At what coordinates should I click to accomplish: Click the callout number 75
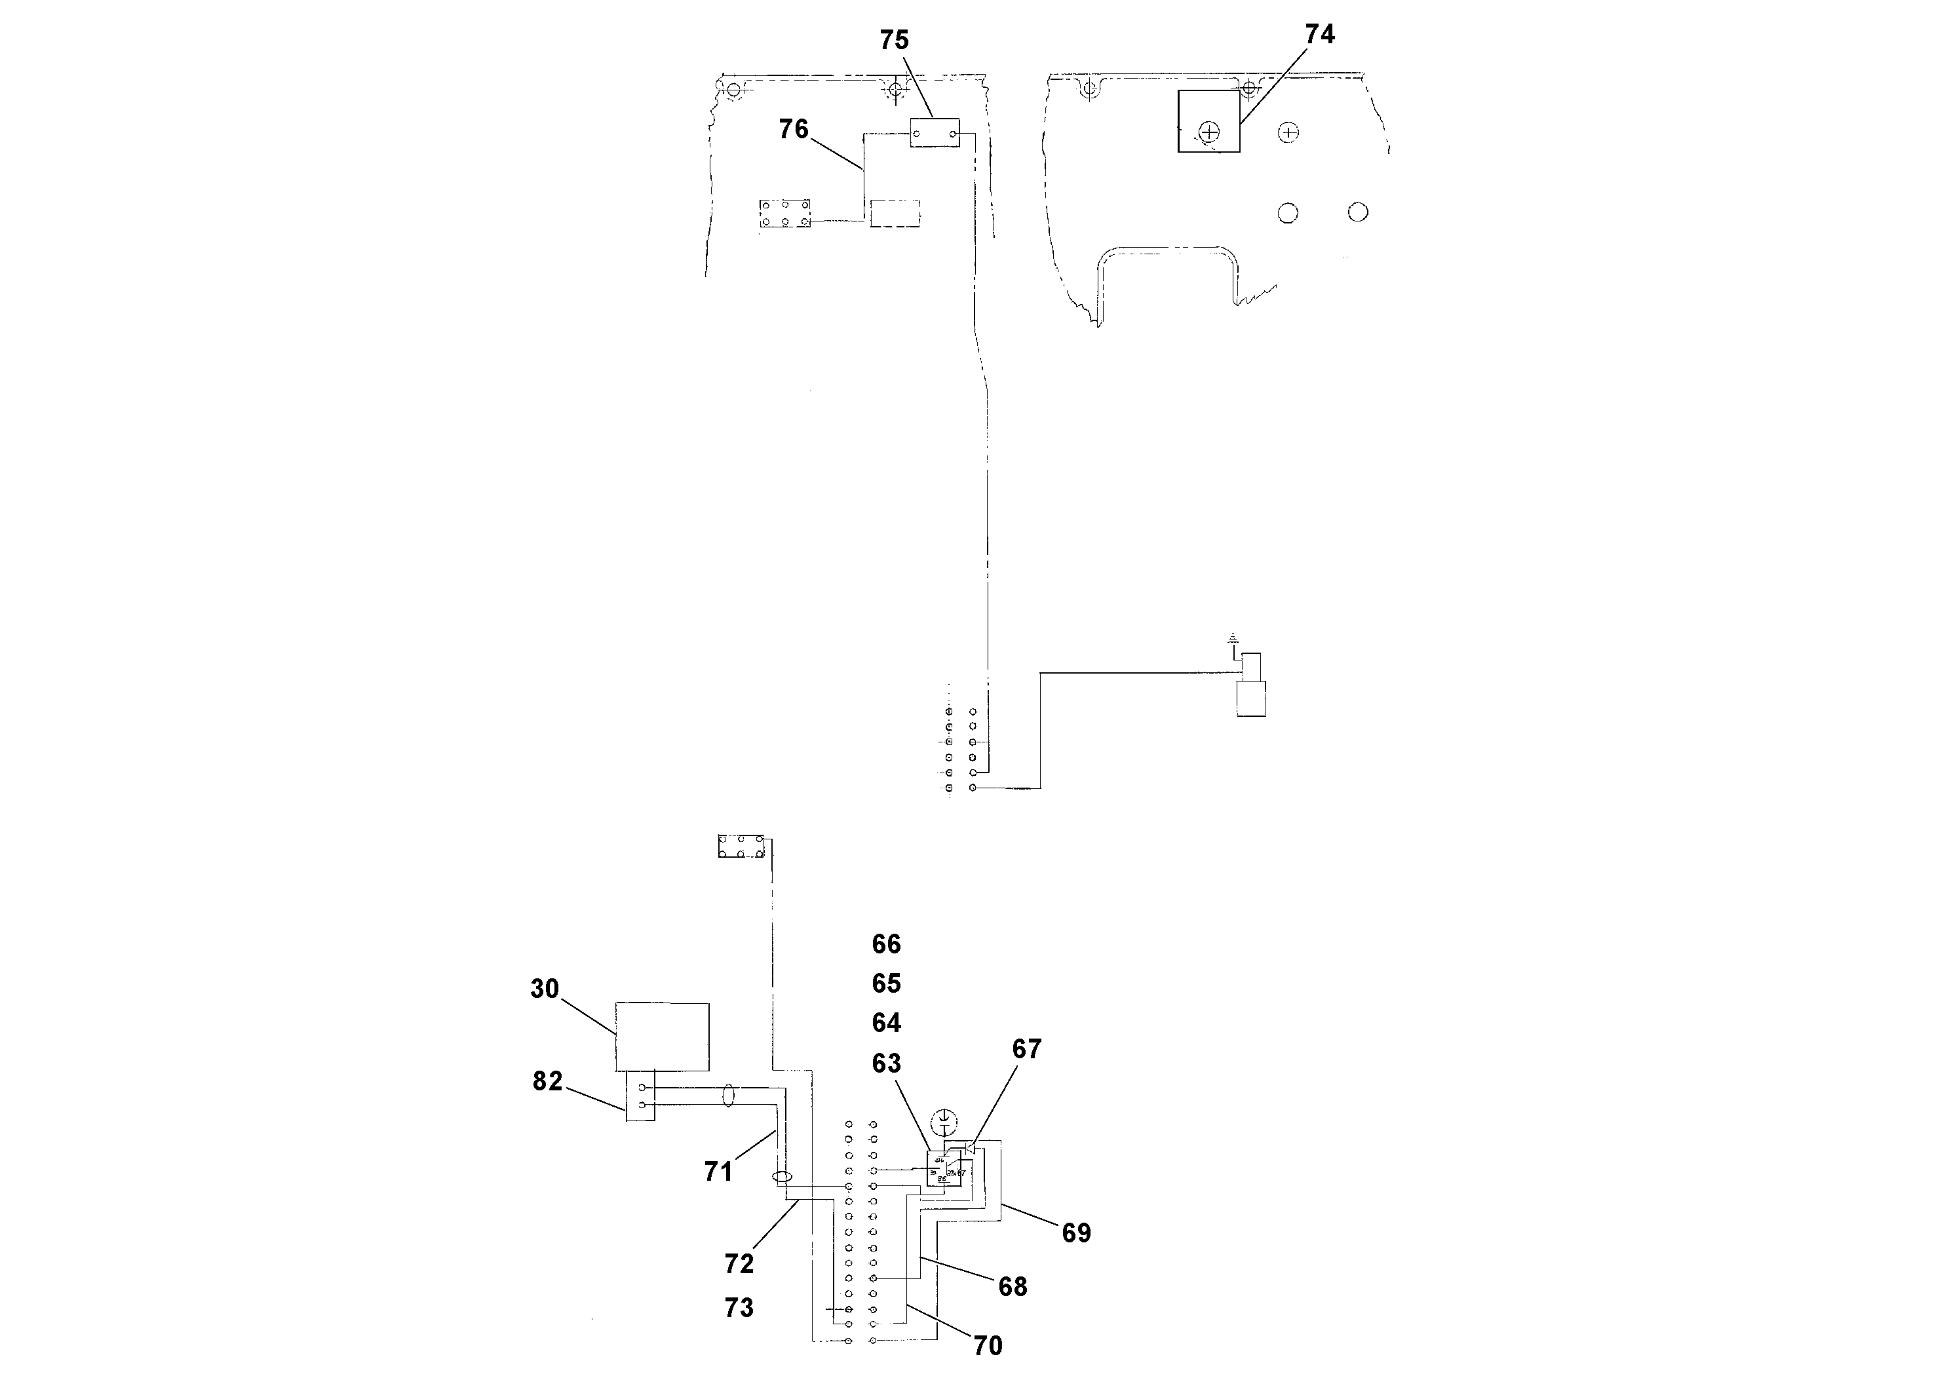(894, 40)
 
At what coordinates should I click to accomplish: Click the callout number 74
(1320, 34)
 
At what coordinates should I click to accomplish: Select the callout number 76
(794, 129)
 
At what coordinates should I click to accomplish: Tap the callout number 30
(545, 989)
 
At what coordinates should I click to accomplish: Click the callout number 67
(1026, 1049)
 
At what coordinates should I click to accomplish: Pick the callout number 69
(1077, 1233)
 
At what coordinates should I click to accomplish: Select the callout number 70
(988, 1346)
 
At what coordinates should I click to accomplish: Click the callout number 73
(739, 1307)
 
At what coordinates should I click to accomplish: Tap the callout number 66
(886, 944)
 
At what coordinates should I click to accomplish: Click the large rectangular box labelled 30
(662, 1037)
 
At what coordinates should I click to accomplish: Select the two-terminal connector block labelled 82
(641, 1096)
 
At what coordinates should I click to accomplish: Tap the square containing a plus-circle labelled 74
(1208, 121)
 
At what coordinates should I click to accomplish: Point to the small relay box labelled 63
(943, 1168)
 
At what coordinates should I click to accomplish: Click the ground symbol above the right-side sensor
(1233, 637)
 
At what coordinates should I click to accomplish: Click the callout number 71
(718, 1172)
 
